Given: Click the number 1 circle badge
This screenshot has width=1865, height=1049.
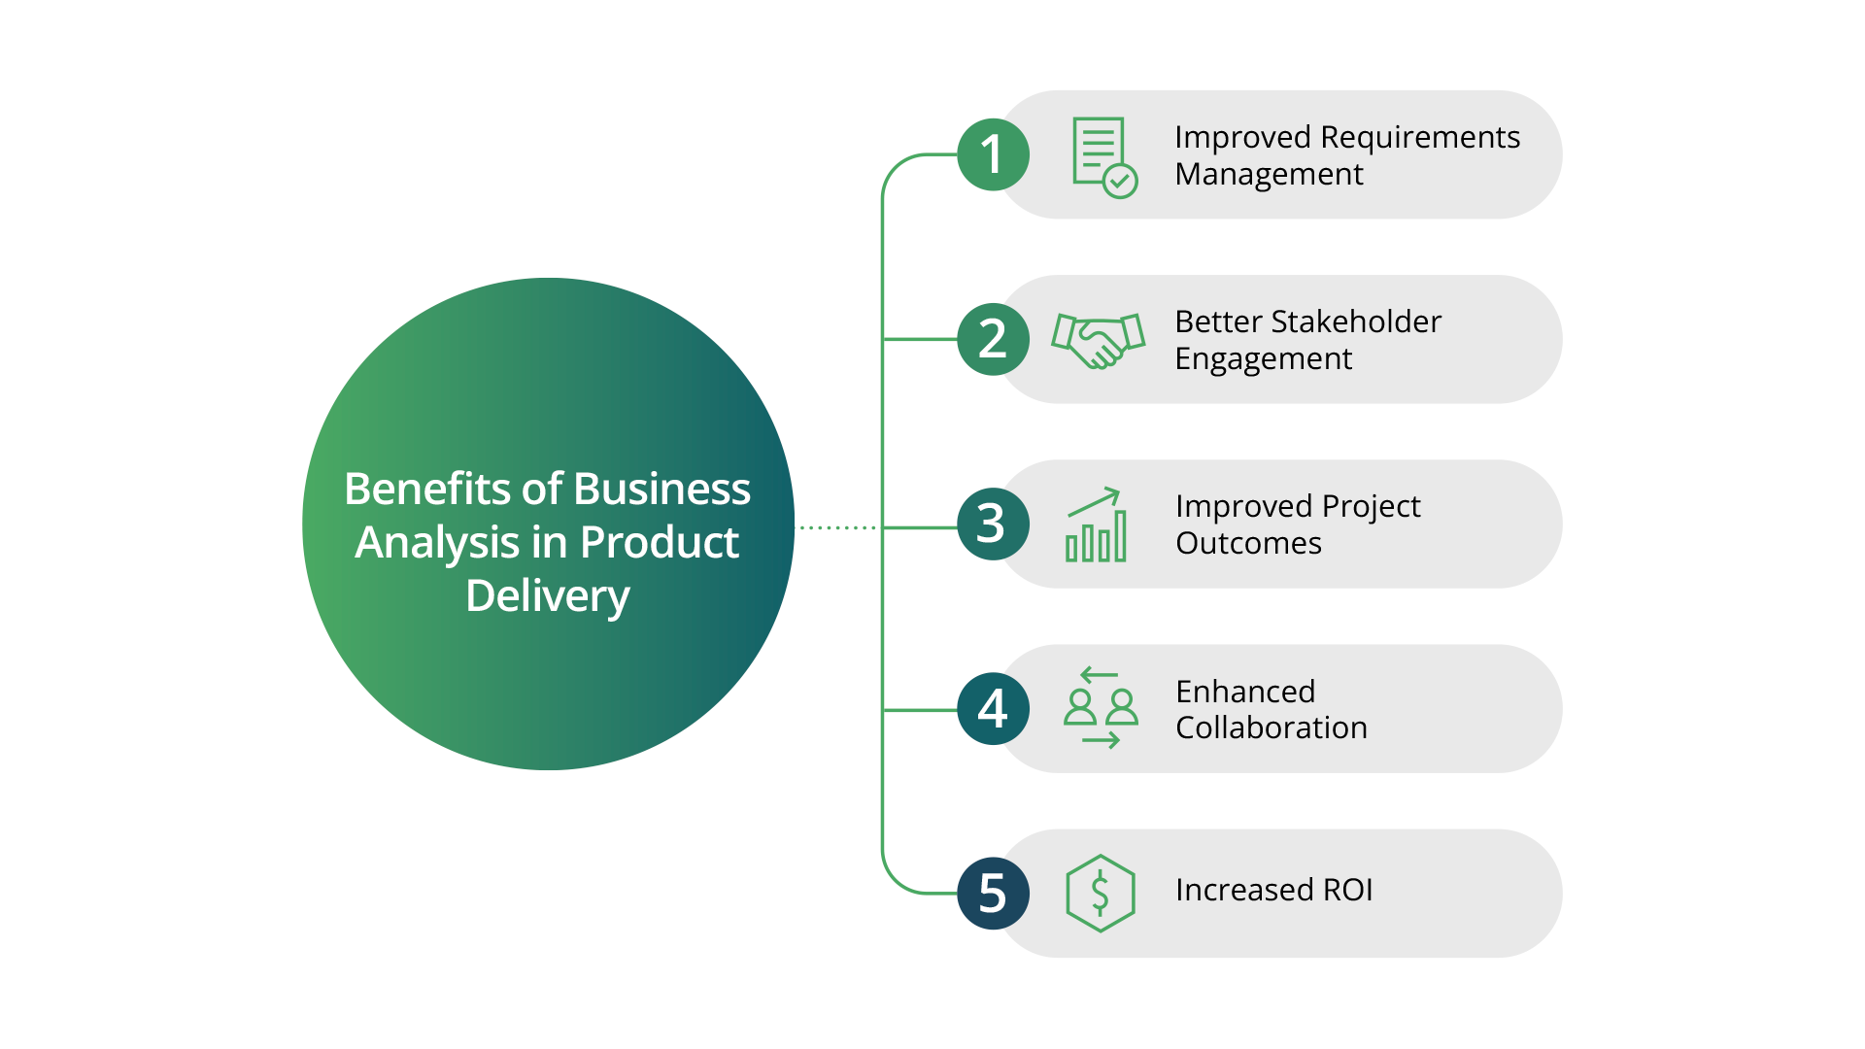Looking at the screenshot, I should pyautogui.click(x=993, y=154).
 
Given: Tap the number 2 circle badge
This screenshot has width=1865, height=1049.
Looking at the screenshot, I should pyautogui.click(x=993, y=339).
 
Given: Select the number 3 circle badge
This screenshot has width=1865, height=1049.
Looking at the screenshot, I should pyautogui.click(x=993, y=524).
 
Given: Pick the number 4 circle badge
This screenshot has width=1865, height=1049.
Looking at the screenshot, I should pyautogui.click(x=993, y=708).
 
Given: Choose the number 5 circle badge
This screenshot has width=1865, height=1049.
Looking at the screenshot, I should pyautogui.click(x=993, y=893).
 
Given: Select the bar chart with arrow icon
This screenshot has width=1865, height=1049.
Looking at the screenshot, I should pyautogui.click(x=1097, y=524).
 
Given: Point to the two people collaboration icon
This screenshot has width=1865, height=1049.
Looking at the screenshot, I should pyautogui.click(x=1101, y=707).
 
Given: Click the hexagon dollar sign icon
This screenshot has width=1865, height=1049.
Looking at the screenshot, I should pyautogui.click(x=1100, y=893).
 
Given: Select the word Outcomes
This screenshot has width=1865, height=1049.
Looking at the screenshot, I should pyautogui.click(x=1248, y=543).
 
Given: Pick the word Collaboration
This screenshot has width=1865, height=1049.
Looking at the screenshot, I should pyautogui.click(x=1271, y=728).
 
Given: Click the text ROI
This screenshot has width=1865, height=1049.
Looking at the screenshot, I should pyautogui.click(x=1346, y=890).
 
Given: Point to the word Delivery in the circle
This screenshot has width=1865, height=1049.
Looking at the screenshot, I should pyautogui.click(x=548, y=595).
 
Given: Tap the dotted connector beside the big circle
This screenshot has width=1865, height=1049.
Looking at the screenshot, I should pyautogui.click(x=837, y=527).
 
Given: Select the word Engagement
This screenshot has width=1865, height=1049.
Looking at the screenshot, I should pyautogui.click(x=1263, y=359).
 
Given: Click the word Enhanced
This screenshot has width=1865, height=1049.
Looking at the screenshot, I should pyautogui.click(x=1245, y=692).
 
